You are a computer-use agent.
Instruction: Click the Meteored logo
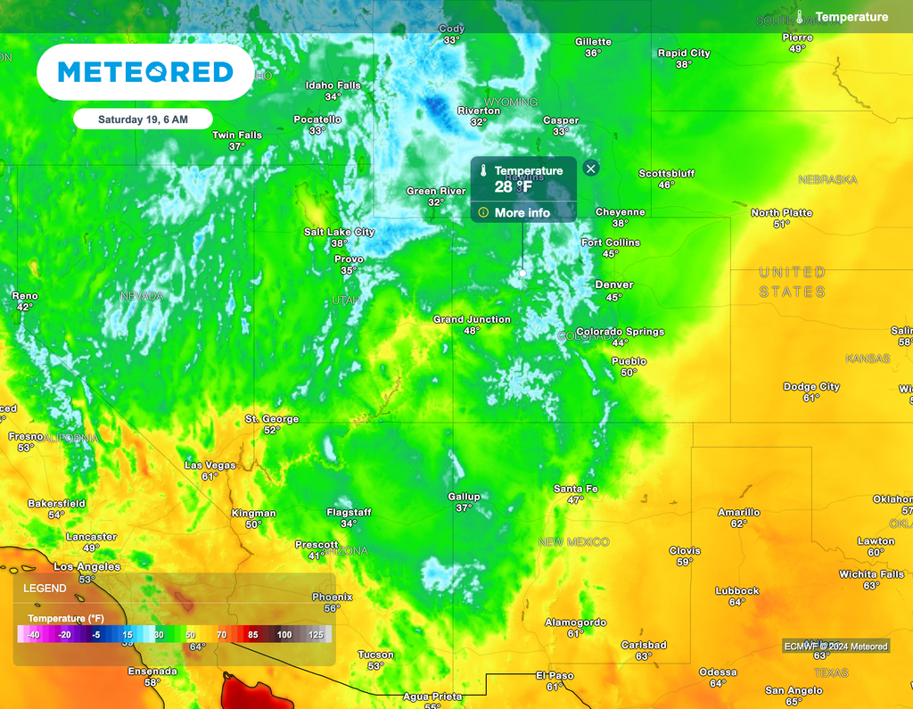(x=145, y=71)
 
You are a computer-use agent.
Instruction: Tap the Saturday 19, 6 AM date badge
(x=143, y=119)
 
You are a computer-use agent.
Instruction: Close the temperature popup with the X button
(x=590, y=168)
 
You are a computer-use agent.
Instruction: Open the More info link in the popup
(x=514, y=212)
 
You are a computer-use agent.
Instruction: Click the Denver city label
(x=613, y=285)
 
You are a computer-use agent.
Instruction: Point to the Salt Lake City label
(x=339, y=232)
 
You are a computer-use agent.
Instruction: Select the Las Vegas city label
(x=210, y=466)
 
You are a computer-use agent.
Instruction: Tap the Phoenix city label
(x=333, y=597)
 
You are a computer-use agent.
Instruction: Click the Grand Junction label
(x=472, y=319)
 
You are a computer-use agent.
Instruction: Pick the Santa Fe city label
(x=575, y=489)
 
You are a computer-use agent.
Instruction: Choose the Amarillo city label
(x=739, y=512)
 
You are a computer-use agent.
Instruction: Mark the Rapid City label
(x=684, y=54)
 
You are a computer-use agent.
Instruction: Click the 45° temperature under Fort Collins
(x=610, y=254)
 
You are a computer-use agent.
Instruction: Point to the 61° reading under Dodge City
(x=811, y=398)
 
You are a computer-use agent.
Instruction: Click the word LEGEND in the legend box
(x=45, y=589)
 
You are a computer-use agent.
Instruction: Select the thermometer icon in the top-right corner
(x=801, y=17)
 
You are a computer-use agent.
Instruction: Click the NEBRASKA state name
(x=827, y=180)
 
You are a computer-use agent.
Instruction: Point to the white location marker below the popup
(x=522, y=272)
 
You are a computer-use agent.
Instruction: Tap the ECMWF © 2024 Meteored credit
(x=835, y=646)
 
